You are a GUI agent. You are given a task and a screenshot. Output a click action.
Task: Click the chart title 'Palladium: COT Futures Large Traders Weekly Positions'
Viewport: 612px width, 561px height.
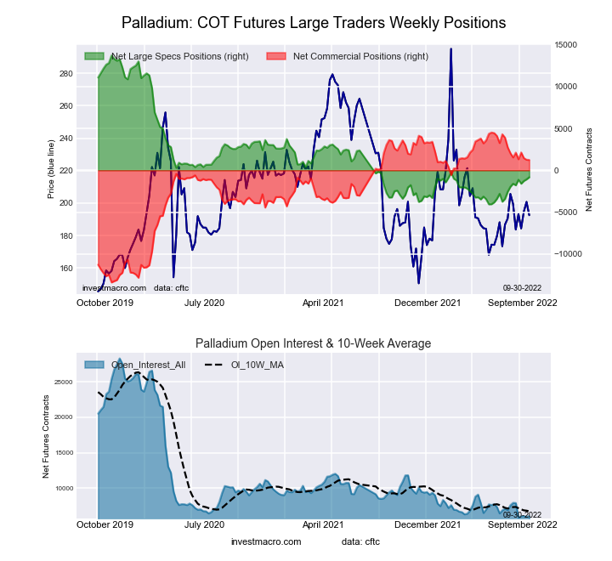[314, 22]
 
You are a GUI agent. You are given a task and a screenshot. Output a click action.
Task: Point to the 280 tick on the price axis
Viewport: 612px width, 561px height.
[66, 74]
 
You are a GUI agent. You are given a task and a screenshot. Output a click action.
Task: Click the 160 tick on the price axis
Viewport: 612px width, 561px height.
[66, 268]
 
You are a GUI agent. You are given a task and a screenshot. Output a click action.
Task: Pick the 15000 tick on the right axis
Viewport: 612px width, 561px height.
[565, 45]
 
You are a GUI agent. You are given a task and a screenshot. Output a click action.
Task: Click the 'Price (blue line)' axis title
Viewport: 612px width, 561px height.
[51, 171]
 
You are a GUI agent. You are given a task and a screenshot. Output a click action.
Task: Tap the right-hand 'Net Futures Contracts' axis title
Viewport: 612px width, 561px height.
[590, 169]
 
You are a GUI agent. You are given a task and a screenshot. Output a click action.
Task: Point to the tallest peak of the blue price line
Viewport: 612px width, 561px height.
[450, 49]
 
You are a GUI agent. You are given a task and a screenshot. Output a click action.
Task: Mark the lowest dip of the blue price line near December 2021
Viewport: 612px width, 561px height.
[419, 283]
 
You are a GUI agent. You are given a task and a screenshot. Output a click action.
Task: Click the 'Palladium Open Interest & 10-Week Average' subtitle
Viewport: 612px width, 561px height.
[314, 343]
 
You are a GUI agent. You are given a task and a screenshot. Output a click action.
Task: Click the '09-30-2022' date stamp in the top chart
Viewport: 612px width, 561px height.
[522, 288]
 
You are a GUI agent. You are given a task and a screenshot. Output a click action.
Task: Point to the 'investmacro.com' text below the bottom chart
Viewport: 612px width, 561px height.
[266, 541]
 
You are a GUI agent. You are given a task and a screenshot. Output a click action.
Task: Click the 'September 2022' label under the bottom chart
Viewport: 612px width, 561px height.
[521, 525]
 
